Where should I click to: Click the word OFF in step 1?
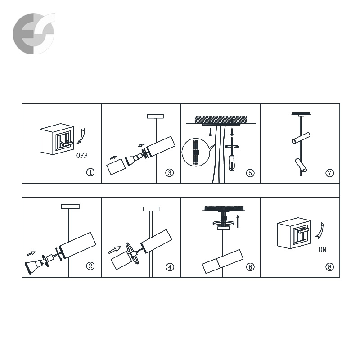[82, 156]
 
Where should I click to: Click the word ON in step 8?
[322, 250]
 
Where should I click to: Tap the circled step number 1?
[90, 172]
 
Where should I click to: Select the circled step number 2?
[90, 266]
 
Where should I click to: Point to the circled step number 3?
[170, 173]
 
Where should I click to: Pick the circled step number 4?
[170, 267]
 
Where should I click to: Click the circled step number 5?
[250, 173]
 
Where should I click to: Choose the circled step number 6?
[250, 267]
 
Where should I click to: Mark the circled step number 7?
[330, 173]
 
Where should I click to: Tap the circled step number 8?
[330, 267]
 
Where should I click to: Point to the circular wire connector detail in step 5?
[196, 152]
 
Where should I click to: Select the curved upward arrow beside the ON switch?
[320, 231]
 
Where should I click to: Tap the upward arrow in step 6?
[238, 221]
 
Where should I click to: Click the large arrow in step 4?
[114, 250]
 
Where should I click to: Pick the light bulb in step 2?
[33, 267]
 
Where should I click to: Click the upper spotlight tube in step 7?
[301, 138]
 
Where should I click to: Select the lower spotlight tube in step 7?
[301, 165]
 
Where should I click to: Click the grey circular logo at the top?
[34, 33]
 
